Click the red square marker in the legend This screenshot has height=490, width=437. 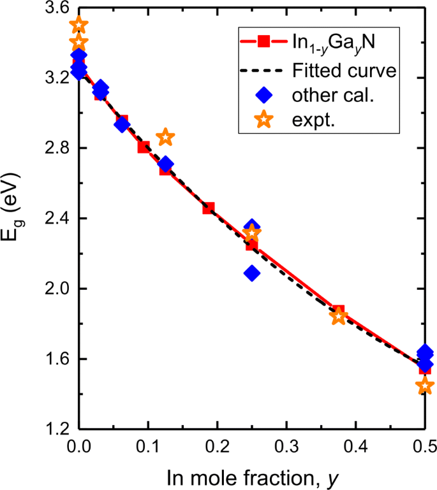click(x=262, y=43)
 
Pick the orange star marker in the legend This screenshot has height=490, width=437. click(x=262, y=122)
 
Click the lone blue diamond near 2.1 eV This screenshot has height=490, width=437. click(x=252, y=273)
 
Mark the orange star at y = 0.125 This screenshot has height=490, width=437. click(x=165, y=137)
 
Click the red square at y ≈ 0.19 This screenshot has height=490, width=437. click(x=208, y=208)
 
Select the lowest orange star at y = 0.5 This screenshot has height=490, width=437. click(x=425, y=386)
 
